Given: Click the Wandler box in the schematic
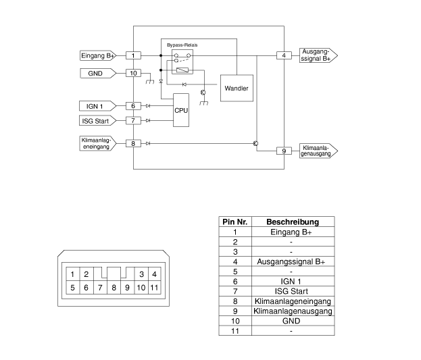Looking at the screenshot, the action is point(237,88).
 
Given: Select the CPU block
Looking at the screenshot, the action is point(181,110).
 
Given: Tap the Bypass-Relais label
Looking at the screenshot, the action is point(182,45).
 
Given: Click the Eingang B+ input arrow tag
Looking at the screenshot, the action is point(98,55).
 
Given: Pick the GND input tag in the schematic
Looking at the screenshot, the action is point(98,74).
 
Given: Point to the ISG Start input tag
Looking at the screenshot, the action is point(98,120).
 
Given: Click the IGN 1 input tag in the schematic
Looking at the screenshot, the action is point(98,106).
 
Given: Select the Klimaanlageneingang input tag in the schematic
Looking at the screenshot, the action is point(98,143).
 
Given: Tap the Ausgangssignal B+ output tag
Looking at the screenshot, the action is point(318,55).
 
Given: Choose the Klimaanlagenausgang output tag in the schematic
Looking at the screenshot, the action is point(318,151).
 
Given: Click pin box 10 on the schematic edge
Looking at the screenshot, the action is point(133,73).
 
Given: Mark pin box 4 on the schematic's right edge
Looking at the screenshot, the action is point(284,55).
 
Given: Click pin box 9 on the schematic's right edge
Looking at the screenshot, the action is point(284,151).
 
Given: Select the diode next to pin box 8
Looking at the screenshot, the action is point(148,144).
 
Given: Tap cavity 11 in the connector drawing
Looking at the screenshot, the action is point(154,288).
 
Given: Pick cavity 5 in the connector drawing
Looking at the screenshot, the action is point(73,288).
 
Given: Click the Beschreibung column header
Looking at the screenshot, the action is point(293,222).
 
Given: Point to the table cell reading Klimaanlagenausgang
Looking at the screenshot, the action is point(293,311).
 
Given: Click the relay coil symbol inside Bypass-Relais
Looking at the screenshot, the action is point(182,70).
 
